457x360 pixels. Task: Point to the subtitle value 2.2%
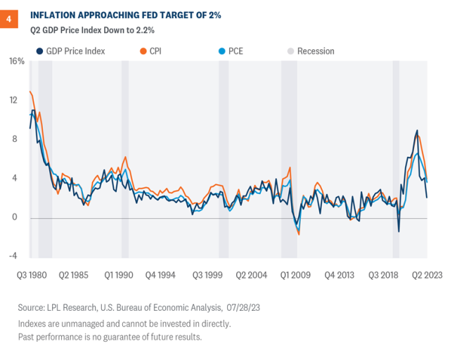143,30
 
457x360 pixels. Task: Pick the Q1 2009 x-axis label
295,274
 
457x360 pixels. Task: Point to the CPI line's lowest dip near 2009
299,234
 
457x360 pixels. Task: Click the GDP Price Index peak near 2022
418,130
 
